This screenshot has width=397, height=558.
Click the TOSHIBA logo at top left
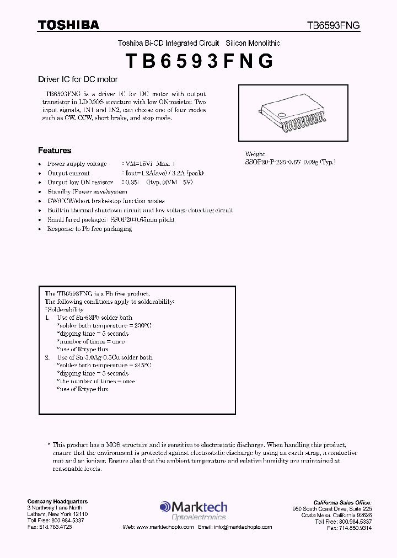68,25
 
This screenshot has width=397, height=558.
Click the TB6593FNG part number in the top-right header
334,25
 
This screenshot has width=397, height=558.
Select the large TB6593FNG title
199,61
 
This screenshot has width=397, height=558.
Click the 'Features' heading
55,151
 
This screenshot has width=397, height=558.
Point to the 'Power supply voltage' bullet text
77,164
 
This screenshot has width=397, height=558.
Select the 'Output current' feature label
68,173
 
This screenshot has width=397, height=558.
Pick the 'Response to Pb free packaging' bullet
89,229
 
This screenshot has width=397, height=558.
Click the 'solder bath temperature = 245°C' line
104,365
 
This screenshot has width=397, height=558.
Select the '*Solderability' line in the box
65,310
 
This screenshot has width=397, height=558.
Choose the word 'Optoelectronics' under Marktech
200,517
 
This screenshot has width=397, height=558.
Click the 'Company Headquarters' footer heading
57,501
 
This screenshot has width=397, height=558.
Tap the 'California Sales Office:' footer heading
342,502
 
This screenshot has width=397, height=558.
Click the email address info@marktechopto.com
242,527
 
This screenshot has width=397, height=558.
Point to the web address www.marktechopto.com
165,527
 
